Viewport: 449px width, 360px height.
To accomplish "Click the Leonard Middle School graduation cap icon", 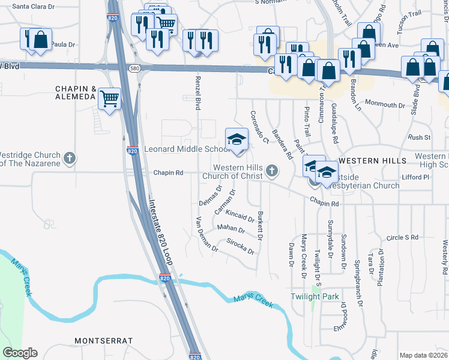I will click(x=237, y=140).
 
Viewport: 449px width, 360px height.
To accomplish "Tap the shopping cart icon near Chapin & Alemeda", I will click(x=109, y=98).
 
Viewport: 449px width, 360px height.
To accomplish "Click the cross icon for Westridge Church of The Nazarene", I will click(x=70, y=158).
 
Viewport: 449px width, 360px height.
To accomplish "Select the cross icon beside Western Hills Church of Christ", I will click(x=272, y=172).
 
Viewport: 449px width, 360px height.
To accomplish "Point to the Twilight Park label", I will click(x=315, y=296).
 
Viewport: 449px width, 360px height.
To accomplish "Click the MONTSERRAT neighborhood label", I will click(x=103, y=340).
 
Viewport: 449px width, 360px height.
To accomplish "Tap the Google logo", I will click(x=20, y=353).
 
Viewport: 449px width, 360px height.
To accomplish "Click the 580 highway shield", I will click(x=137, y=67).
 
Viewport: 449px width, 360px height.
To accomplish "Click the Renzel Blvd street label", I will click(x=197, y=93).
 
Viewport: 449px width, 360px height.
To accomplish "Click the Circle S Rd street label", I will click(x=402, y=238).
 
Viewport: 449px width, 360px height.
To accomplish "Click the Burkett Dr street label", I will click(x=260, y=226).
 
